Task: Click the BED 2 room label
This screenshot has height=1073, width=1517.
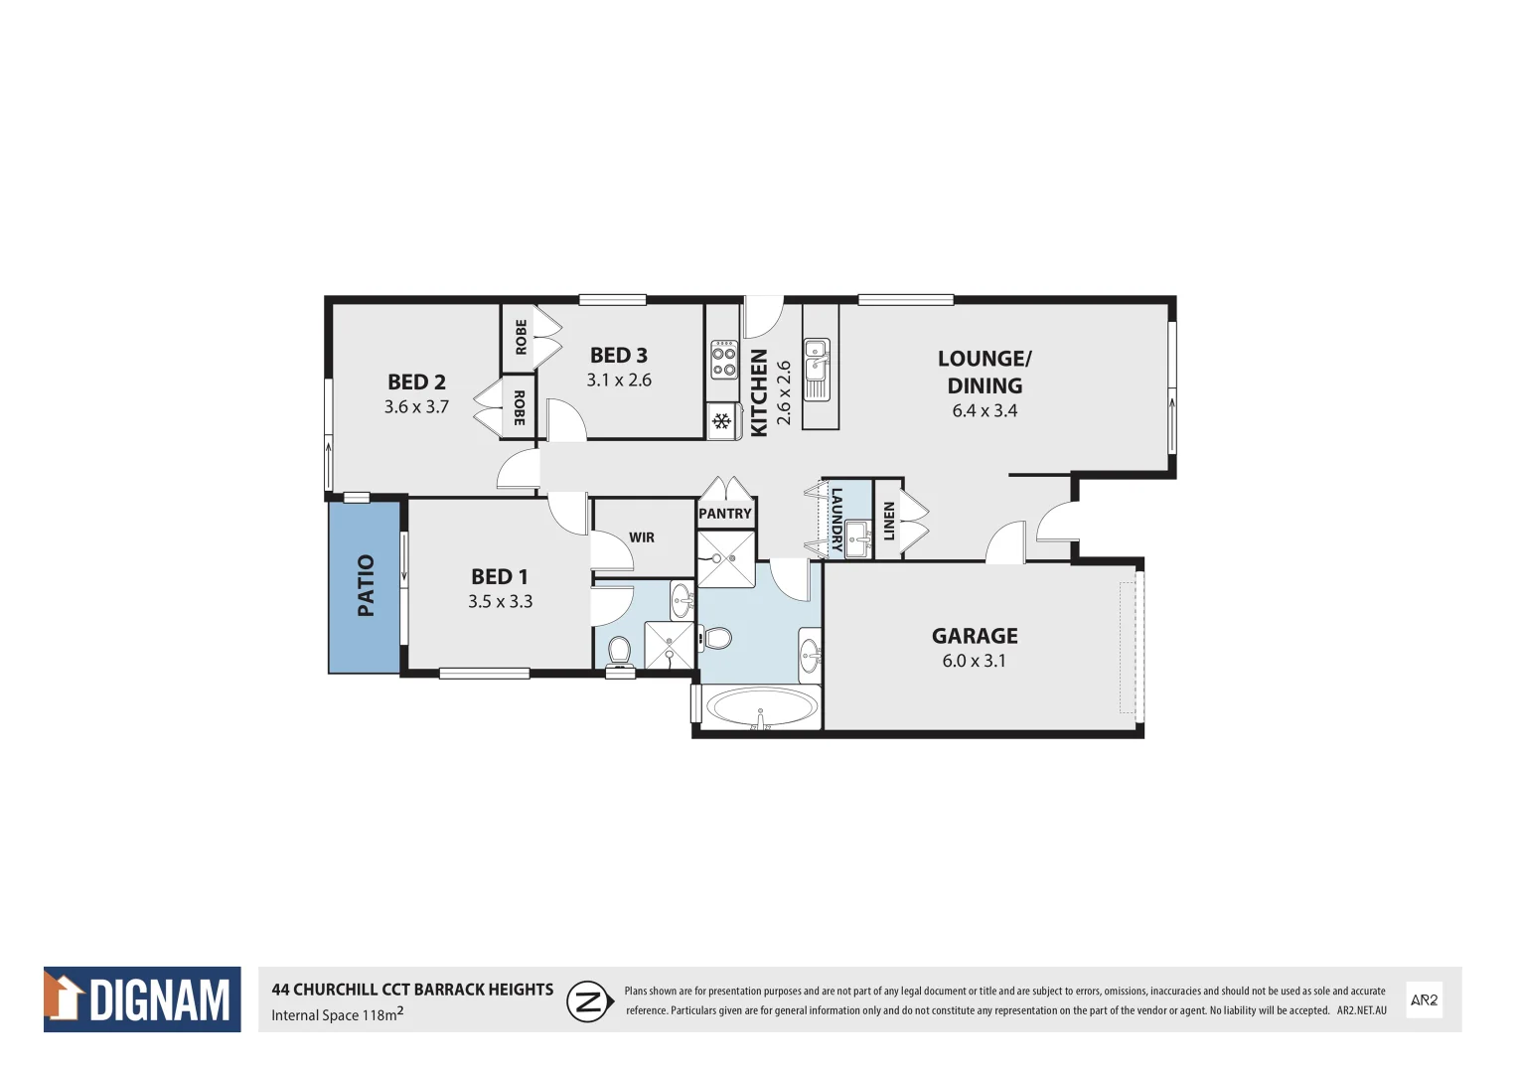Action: point(416,382)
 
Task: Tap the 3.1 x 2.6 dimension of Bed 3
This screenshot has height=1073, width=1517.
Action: point(618,380)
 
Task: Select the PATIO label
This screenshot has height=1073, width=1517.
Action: point(366,585)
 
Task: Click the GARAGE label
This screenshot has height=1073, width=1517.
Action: point(974,636)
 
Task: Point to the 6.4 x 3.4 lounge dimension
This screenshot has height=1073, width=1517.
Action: point(984,410)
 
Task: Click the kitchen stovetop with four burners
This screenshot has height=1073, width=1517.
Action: point(723,361)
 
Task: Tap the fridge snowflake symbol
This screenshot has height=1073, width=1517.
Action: point(722,421)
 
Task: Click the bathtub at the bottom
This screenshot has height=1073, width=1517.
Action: point(760,708)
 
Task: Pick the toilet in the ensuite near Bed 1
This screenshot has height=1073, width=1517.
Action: point(619,651)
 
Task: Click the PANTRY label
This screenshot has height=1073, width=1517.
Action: point(725,514)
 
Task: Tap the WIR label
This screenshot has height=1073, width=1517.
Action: point(642,537)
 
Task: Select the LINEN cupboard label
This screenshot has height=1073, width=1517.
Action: point(888,522)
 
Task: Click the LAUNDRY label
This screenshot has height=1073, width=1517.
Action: point(836,519)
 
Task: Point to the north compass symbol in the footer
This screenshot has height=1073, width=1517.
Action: point(589,1000)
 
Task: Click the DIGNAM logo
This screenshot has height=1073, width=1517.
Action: point(142,999)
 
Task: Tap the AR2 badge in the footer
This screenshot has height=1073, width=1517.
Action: point(1424,1000)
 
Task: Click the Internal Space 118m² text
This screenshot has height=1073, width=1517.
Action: point(337,1014)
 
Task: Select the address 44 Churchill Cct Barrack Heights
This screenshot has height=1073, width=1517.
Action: point(412,990)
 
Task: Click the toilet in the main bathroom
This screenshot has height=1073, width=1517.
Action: point(716,638)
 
